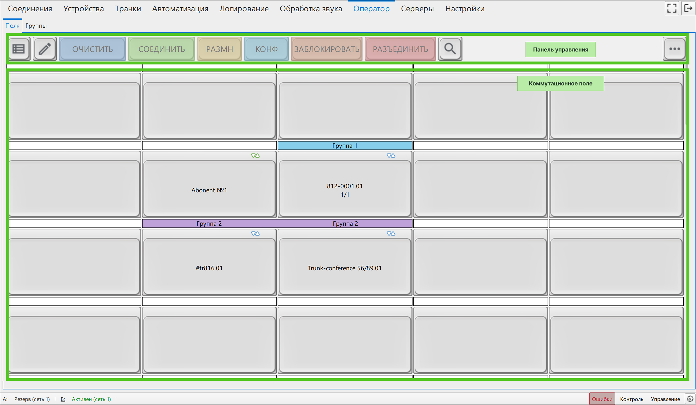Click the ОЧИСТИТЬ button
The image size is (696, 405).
93,49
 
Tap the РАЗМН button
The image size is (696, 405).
220,49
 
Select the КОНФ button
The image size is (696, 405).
267,49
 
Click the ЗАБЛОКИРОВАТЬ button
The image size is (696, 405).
327,49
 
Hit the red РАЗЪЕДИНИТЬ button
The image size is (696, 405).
400,49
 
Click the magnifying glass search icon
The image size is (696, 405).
450,49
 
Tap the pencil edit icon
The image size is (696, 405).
45,49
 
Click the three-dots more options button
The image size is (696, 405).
674,49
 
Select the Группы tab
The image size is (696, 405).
36,26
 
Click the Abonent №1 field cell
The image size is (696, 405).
209,184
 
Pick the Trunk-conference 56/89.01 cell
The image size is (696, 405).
345,262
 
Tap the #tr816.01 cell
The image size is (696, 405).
209,262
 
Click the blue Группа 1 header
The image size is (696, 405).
345,145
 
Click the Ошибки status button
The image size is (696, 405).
602,399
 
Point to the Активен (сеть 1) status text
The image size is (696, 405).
91,399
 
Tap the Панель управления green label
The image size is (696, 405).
560,49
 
